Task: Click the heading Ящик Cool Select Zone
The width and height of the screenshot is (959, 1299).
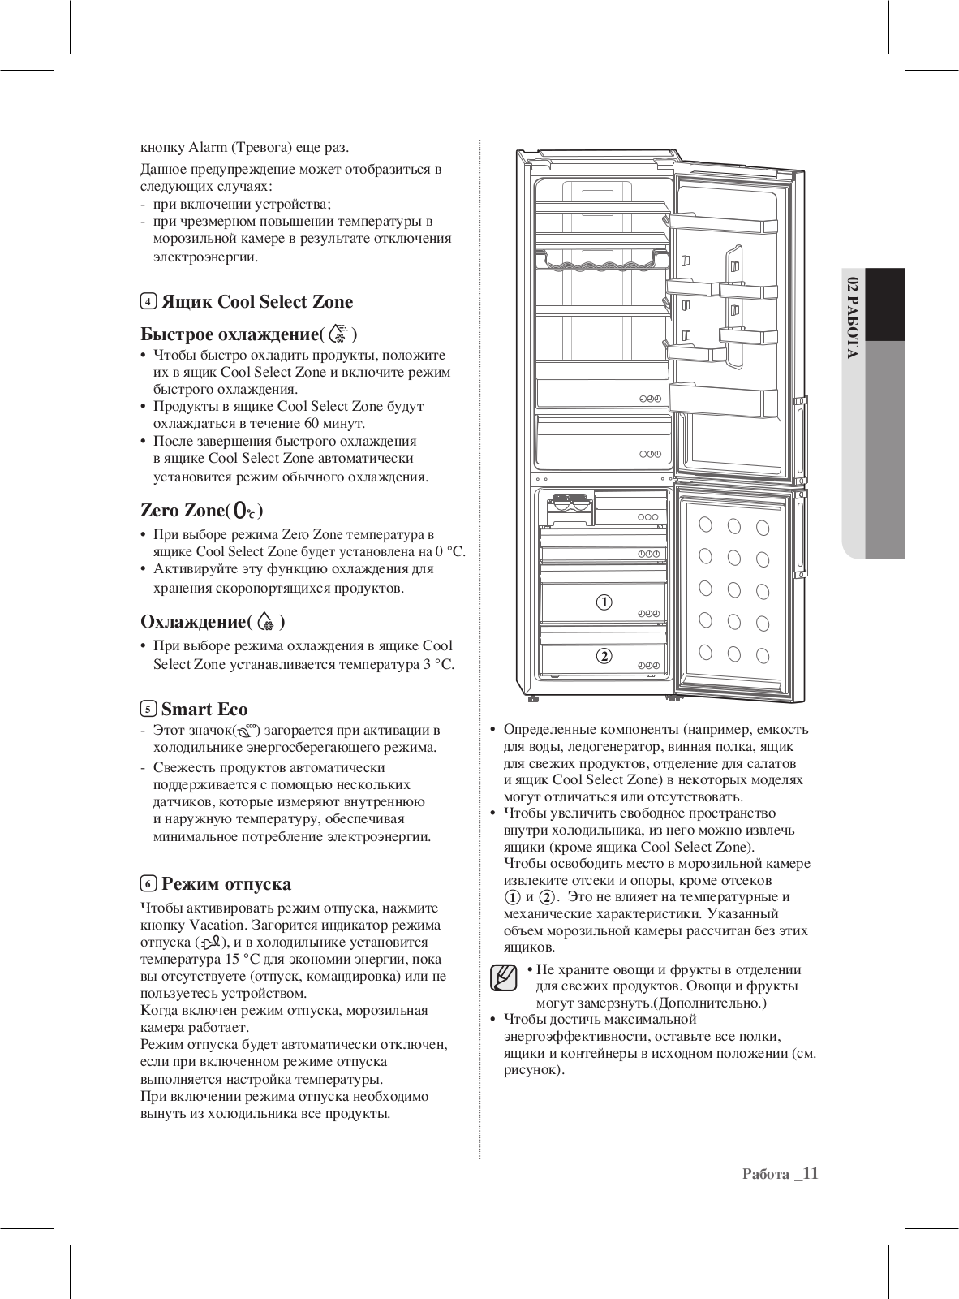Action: point(257,302)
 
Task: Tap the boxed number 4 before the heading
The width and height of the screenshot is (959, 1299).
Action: point(148,302)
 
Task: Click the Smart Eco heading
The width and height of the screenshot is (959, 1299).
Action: point(204,709)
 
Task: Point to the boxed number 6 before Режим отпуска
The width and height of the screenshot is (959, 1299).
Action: point(148,884)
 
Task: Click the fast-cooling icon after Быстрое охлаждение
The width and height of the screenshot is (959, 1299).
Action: point(342,334)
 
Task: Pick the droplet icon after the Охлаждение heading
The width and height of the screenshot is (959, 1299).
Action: point(266,623)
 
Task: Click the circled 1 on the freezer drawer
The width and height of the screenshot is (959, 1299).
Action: point(604,602)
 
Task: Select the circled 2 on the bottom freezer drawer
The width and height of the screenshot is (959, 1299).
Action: point(604,656)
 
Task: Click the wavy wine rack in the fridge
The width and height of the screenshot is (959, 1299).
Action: point(602,261)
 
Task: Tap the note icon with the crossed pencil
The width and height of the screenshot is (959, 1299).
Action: point(504,977)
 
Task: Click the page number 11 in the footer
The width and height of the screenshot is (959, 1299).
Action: point(809,1174)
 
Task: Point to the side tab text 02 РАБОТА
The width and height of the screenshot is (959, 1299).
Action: point(852,317)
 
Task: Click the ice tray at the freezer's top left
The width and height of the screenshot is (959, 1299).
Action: point(570,505)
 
